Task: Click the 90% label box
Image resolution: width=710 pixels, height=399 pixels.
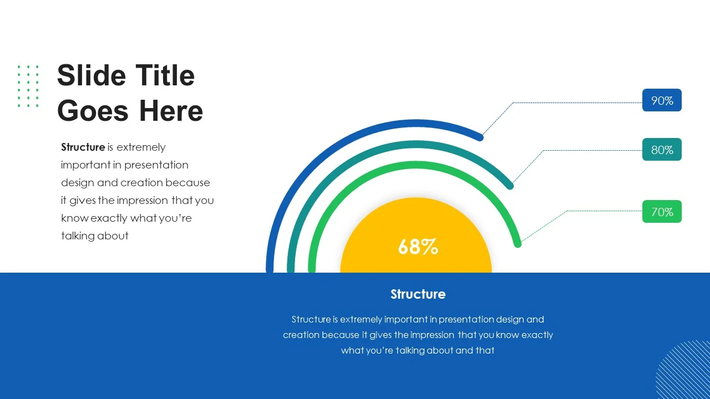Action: pos(662,100)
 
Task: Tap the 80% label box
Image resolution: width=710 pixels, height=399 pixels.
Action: pos(662,150)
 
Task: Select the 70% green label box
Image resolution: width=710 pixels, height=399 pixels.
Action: pos(662,212)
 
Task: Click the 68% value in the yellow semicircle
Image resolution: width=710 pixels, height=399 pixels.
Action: pos(418,247)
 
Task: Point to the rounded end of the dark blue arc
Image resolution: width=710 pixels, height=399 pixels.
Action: pos(480,137)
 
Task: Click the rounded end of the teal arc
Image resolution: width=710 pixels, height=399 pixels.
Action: pos(510,186)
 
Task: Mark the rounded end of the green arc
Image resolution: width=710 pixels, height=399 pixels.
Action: pos(518,244)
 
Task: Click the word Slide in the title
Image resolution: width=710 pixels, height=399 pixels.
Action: pos(92,75)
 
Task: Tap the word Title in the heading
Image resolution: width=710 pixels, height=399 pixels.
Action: pos(165,75)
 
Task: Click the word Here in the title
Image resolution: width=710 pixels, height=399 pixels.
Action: pos(171,111)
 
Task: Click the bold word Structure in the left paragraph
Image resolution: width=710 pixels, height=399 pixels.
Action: pos(83,147)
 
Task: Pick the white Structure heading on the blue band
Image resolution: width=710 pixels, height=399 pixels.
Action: pos(418,294)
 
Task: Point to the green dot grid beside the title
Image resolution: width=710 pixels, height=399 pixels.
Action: pos(28,86)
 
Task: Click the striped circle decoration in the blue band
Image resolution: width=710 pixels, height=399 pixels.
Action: pos(683,369)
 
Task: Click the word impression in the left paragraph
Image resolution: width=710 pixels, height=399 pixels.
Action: pos(143,201)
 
